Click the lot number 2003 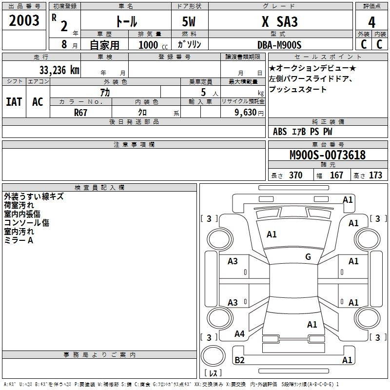click(24, 20)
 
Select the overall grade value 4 click(371, 22)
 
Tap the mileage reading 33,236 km click(59, 70)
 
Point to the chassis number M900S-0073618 click(328, 155)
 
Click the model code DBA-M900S click(279, 45)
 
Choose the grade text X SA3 click(280, 21)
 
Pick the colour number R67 click(80, 113)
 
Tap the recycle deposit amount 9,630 click(246, 113)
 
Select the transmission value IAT click(14, 102)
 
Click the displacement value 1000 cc click(153, 45)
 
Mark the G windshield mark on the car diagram click(308, 257)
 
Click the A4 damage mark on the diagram click(239, 333)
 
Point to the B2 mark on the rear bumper click(239, 360)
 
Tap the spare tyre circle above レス click(213, 355)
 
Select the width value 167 click(336, 175)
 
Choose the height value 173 click(375, 175)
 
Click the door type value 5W click(189, 21)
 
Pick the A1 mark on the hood click(272, 234)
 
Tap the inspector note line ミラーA click(19, 240)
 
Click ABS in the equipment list click(280, 132)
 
